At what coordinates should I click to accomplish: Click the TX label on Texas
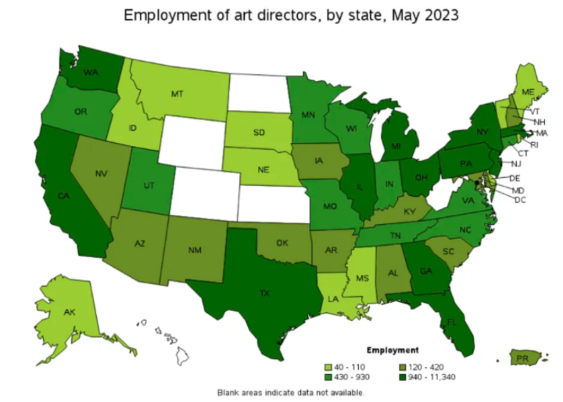[264, 293]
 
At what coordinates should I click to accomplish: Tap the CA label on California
[63, 196]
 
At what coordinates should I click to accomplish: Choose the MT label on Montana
[176, 94]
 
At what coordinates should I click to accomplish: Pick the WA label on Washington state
[91, 73]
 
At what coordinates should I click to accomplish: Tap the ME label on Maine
[529, 93]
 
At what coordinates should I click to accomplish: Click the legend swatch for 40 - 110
[330, 366]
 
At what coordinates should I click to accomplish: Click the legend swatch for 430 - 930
[330, 375]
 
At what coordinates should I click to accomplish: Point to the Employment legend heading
[396, 350]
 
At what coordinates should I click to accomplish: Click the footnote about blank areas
[290, 392]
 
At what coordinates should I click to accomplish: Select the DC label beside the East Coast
[519, 200]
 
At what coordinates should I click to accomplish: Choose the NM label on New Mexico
[195, 251]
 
